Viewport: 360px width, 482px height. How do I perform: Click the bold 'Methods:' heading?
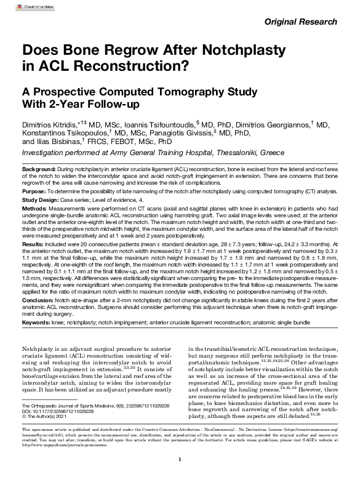pos(36,208)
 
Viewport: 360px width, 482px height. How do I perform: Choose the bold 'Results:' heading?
pos(35,244)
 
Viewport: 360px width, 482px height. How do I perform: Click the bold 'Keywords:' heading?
pos(38,322)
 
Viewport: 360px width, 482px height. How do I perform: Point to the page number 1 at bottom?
pos(179,460)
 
